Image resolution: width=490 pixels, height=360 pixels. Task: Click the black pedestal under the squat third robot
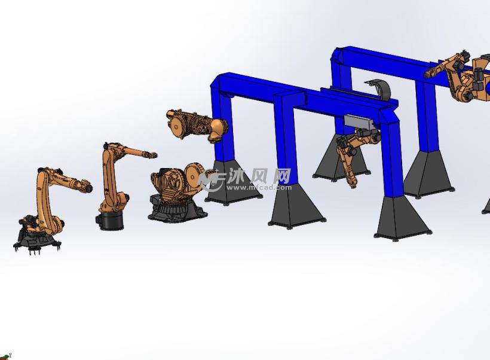click(177, 211)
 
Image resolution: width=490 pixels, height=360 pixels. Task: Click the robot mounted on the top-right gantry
click(463, 75)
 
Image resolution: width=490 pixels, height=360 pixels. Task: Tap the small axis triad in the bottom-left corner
click(5, 356)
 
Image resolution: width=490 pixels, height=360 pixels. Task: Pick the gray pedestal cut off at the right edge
click(486, 207)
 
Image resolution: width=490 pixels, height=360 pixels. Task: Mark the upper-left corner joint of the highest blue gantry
click(339, 57)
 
